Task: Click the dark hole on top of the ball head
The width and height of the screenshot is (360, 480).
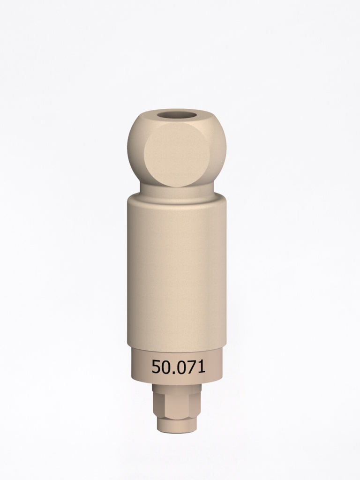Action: (x=177, y=115)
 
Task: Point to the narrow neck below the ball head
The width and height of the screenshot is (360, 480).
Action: (x=177, y=189)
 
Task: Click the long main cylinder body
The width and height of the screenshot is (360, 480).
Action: (x=177, y=272)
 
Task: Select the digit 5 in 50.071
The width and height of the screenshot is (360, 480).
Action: (x=156, y=367)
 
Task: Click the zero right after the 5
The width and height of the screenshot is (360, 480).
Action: (x=165, y=367)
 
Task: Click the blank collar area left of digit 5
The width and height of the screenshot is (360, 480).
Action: (x=140, y=367)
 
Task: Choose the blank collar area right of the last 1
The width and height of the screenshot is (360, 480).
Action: (x=215, y=367)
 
